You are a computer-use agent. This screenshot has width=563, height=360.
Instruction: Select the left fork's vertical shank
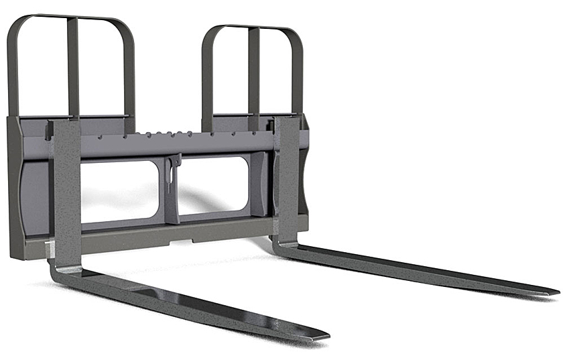tap(66, 194)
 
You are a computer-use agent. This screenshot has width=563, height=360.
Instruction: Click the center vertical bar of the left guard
tap(72, 67)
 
